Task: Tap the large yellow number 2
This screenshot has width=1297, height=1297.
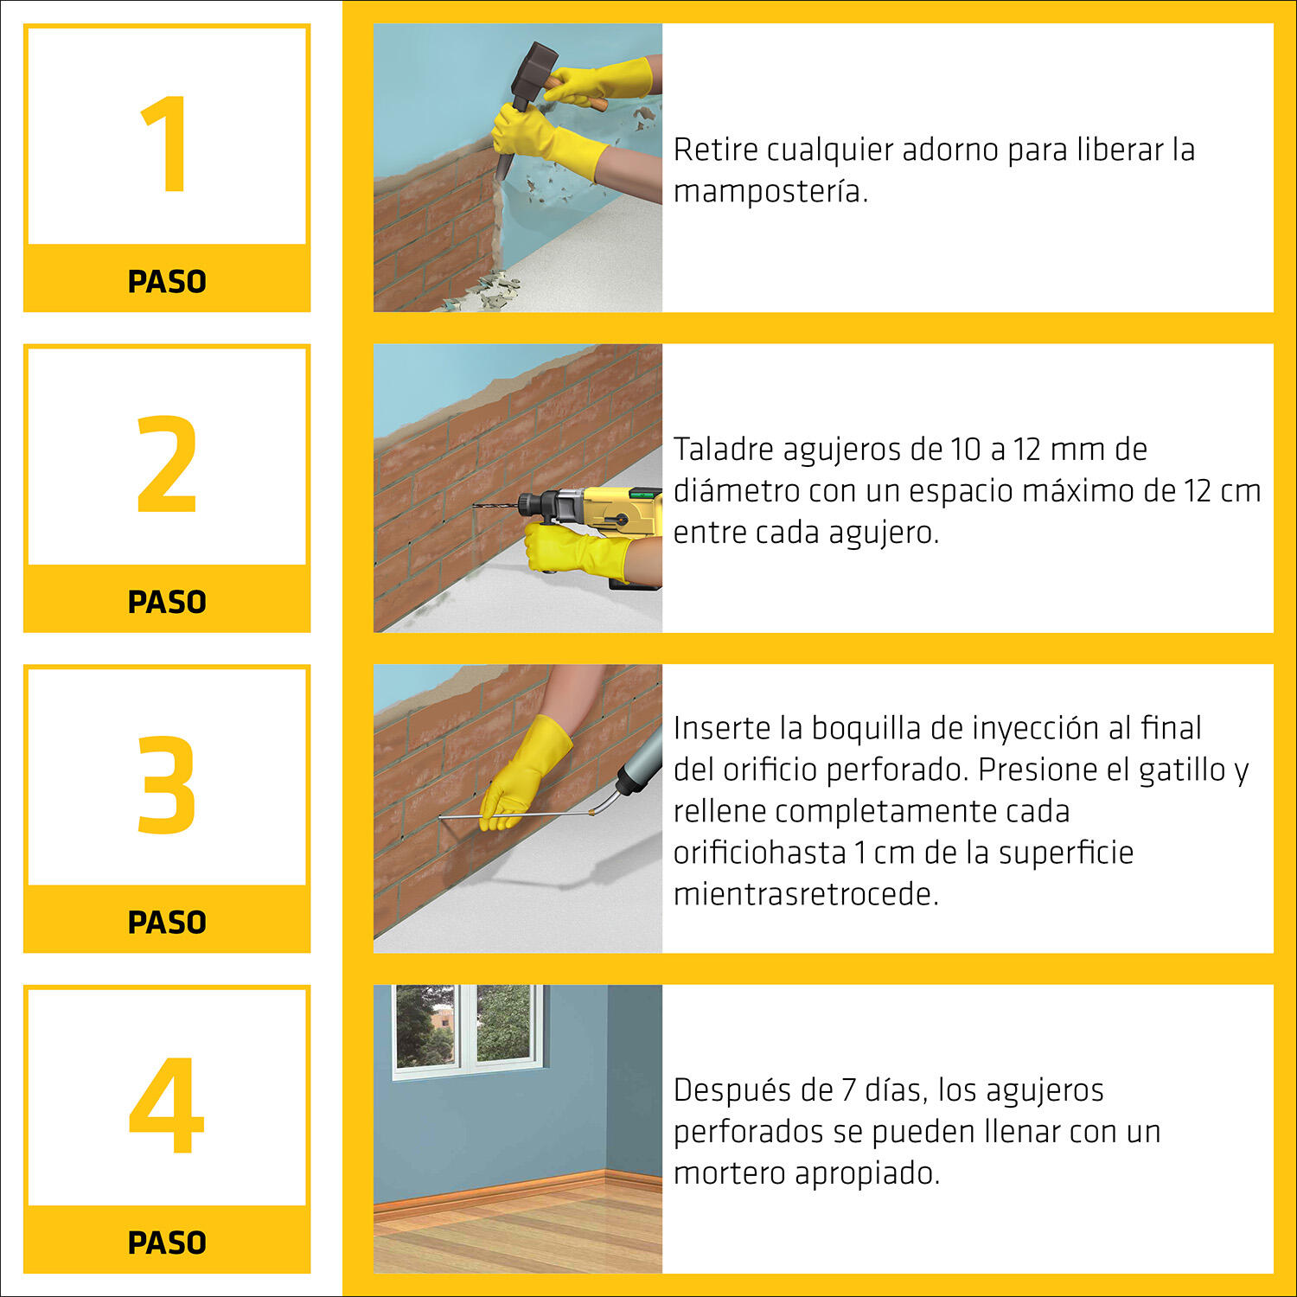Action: click(167, 464)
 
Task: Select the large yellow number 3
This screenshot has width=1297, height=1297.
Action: click(167, 784)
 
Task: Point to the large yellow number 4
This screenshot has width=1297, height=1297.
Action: click(166, 1105)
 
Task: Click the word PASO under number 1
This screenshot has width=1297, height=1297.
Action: click(167, 282)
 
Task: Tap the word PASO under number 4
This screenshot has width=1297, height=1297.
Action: click(167, 1243)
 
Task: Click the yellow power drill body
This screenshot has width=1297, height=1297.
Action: click(605, 514)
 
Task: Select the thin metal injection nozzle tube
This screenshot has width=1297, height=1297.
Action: click(514, 814)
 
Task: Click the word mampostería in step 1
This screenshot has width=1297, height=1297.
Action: click(770, 192)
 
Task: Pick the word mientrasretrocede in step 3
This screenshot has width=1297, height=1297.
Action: click(806, 894)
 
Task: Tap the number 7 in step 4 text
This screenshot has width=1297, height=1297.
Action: click(849, 1090)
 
